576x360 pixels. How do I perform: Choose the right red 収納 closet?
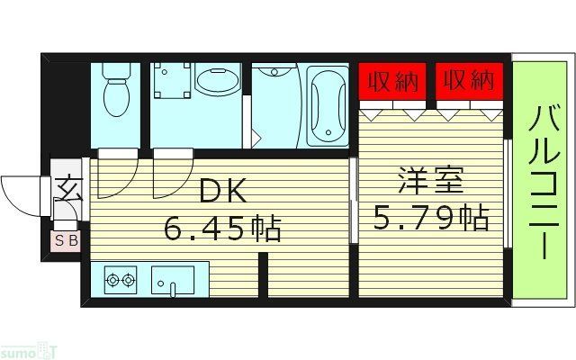pyautogui.click(x=468, y=81)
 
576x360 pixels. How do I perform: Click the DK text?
pyautogui.click(x=222, y=191)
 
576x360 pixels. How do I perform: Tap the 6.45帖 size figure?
pyautogui.click(x=222, y=229)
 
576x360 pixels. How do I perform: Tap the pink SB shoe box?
pyautogui.click(x=66, y=240)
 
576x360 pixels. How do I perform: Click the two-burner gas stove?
pyautogui.click(x=121, y=280)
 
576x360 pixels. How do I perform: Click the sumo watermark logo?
pyautogui.click(x=29, y=349)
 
